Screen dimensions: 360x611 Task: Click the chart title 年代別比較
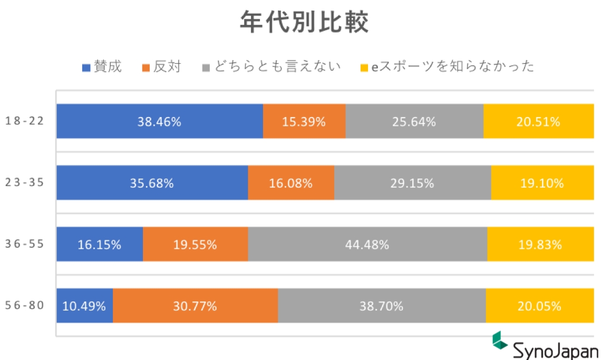pyautogui.click(x=304, y=23)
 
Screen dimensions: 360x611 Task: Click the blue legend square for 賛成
pyautogui.click(x=86, y=67)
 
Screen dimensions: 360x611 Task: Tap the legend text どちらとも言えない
pyautogui.click(x=277, y=66)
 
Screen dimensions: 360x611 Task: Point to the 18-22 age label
pyautogui.click(x=24, y=121)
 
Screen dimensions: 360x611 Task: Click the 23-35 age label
pyautogui.click(x=24, y=183)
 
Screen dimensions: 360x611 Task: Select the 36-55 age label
pyautogui.click(x=24, y=245)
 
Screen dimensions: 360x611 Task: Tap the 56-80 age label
pyautogui.click(x=24, y=306)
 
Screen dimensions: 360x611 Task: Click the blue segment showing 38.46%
pyautogui.click(x=159, y=122)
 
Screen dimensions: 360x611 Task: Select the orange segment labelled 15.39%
pyautogui.click(x=304, y=122)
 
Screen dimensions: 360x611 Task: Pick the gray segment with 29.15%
pyautogui.click(x=412, y=183)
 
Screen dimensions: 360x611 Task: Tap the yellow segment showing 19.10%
pyautogui.click(x=542, y=183)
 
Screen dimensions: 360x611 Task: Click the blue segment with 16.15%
pyautogui.click(x=100, y=245)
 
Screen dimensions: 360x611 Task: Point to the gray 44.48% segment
pyautogui.click(x=367, y=245)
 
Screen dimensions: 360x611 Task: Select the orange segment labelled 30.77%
pyautogui.click(x=195, y=306)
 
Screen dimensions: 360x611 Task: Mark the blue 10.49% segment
pyautogui.click(x=84, y=306)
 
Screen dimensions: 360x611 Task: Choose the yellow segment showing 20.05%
pyautogui.click(x=539, y=306)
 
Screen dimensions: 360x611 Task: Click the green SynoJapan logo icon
pyautogui.click(x=499, y=340)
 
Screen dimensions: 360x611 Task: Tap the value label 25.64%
pyautogui.click(x=414, y=122)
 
